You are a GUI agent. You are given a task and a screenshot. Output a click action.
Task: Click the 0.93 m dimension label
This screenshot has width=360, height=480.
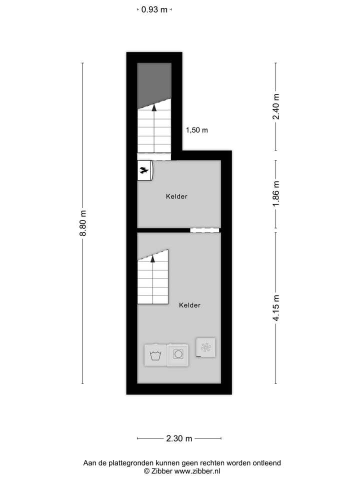point(154,9)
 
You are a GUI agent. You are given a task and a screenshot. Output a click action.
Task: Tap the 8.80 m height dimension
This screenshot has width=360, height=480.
point(83,223)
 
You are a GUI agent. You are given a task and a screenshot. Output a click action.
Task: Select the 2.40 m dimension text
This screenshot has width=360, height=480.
point(275,106)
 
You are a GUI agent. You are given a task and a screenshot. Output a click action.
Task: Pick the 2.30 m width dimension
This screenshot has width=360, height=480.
point(179,439)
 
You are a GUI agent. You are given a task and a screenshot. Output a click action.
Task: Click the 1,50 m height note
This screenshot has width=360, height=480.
point(196,130)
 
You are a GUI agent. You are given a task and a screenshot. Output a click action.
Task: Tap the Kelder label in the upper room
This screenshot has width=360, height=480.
point(176,196)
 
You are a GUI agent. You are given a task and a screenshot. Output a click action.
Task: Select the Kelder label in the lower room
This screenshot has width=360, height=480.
point(189,305)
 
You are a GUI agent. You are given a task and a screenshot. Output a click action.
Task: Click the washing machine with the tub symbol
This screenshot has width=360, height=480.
point(155,355)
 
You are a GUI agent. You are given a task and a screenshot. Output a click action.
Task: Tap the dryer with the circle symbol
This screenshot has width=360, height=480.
point(178,354)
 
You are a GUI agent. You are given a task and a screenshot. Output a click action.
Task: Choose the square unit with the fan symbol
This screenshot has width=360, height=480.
point(206,347)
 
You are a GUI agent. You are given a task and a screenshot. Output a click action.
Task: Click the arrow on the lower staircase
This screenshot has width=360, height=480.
point(152,258)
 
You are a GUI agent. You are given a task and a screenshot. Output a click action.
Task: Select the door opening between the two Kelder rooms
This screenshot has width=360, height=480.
point(204,230)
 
